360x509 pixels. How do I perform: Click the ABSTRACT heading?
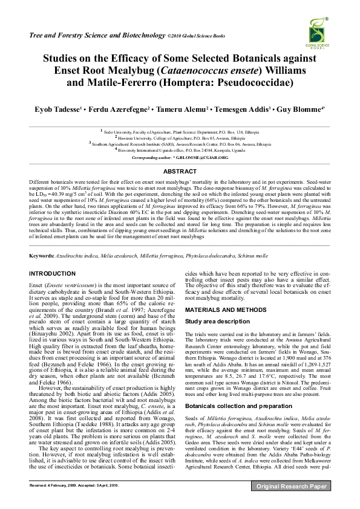180,172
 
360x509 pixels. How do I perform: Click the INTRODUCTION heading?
53,274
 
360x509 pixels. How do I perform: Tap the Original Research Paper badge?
292,502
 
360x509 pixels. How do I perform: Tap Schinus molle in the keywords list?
248,257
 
